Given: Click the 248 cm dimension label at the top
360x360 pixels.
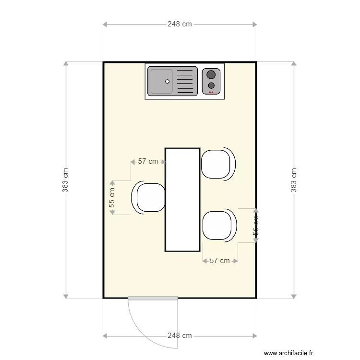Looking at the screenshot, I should (180, 24).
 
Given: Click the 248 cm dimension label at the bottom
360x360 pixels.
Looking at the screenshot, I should (180, 336).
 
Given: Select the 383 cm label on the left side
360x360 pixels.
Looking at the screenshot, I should (65, 180).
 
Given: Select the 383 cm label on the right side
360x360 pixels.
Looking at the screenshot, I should (294, 180).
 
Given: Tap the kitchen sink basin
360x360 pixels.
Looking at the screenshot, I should (160, 81).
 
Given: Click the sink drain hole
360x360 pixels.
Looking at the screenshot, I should (168, 81).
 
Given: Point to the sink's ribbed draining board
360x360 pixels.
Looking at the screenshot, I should (186, 81).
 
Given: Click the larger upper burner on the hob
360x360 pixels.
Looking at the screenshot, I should (211, 74).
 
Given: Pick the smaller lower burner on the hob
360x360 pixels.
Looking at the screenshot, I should (211, 85).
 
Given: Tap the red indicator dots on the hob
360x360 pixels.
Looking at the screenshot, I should (211, 92).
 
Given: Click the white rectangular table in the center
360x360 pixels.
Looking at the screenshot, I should (182, 200).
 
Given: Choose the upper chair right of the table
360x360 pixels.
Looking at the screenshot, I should (217, 164).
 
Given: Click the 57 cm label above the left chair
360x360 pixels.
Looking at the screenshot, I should (148, 161).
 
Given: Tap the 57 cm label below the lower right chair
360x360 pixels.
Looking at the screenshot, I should (220, 261).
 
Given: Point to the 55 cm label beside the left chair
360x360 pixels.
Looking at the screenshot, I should (112, 197).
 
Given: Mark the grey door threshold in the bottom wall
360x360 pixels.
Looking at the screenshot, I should (153, 298).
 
